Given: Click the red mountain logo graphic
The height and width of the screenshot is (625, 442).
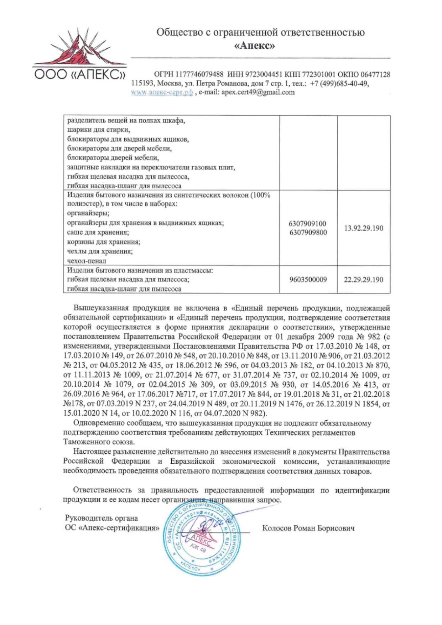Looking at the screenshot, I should coord(79,48).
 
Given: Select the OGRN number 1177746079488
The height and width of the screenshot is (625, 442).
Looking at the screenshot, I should coord(199,74).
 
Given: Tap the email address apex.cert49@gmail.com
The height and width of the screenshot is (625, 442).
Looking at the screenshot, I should coord(258,92).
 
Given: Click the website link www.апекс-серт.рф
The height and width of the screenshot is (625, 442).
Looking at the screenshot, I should coord(162,92).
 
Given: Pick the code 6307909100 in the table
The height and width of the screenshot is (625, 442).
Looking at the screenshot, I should coord(308,224).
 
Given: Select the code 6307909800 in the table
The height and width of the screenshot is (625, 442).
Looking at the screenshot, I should coord(308,233).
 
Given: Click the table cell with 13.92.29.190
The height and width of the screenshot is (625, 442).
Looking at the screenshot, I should coord(363,228).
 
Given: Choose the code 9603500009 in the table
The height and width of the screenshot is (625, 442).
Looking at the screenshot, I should coord(308,280).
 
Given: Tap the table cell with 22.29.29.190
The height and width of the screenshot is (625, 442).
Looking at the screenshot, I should coord(363,280).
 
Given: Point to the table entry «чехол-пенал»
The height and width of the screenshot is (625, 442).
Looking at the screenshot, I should coord(87,261).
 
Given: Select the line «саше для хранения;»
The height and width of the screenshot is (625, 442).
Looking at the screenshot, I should coord(98,233).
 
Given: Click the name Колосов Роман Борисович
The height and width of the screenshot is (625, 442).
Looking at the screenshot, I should coord(308,528).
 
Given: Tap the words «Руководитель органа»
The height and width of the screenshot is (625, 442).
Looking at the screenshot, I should coord(101,518).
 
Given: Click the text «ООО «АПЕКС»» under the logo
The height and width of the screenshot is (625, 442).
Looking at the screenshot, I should coord(79,75).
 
